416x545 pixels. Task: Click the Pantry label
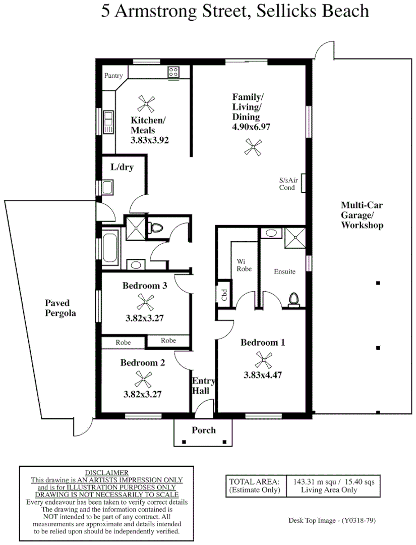pyautogui.click(x=113, y=75)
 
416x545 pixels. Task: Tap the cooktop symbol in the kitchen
pyautogui.click(x=173, y=72)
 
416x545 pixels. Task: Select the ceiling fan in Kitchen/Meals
pyautogui.click(x=146, y=104)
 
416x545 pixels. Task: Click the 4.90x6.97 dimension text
pyautogui.click(x=251, y=127)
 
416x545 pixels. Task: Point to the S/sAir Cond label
pyautogui.click(x=288, y=184)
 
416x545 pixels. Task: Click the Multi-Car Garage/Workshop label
pyautogui.click(x=362, y=215)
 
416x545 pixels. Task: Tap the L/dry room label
pyautogui.click(x=122, y=167)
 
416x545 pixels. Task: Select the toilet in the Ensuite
pyautogui.click(x=294, y=300)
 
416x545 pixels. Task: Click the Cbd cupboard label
pyautogui.click(x=224, y=295)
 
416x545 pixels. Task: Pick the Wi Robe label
pyautogui.click(x=244, y=265)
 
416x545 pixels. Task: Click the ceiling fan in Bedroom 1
pyautogui.click(x=264, y=360)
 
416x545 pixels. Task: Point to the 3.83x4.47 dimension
pyautogui.click(x=263, y=375)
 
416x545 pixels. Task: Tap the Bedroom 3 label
pyautogui.click(x=145, y=286)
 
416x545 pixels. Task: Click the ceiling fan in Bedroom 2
pyautogui.click(x=143, y=379)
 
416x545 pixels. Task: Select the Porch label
pyautogui.click(x=204, y=430)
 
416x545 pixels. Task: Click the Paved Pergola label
pyautogui.click(x=61, y=308)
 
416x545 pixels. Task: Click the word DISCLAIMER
pyautogui.click(x=106, y=473)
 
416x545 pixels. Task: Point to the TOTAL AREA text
pyautogui.click(x=254, y=482)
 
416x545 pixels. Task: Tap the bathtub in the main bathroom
pyautogui.click(x=110, y=249)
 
